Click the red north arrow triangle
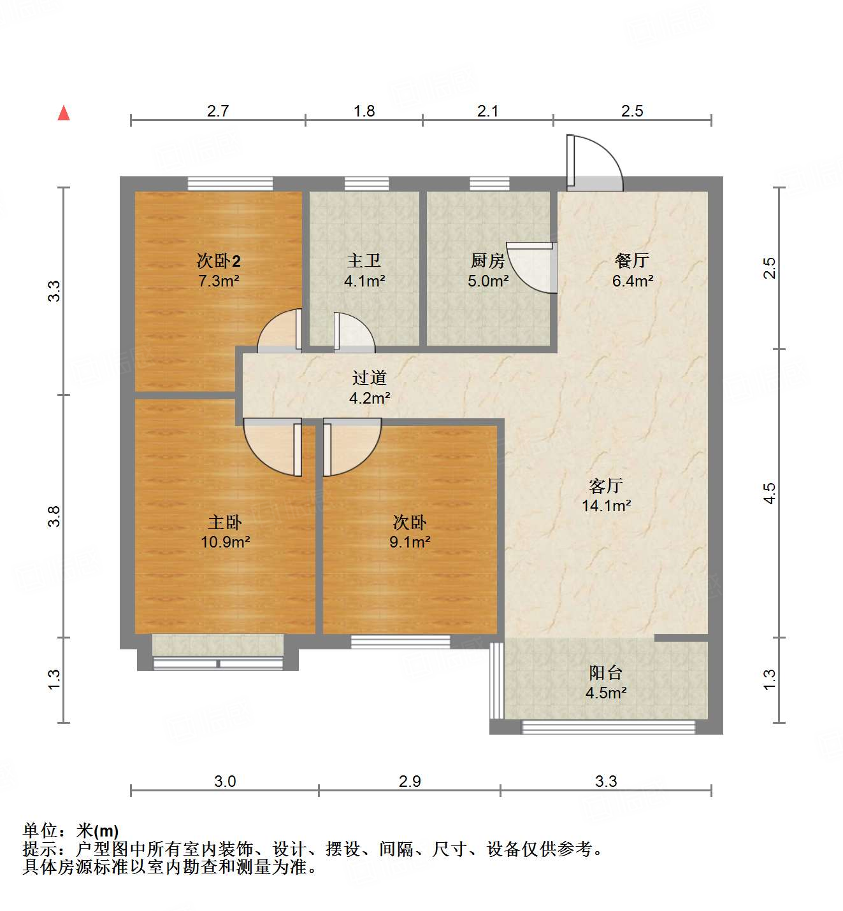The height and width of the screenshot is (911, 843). (x=64, y=113)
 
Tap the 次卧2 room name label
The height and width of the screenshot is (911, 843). (x=219, y=261)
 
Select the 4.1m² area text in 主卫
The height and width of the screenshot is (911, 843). (x=364, y=281)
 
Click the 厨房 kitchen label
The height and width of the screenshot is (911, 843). (x=487, y=261)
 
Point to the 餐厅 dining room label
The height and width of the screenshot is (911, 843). (x=632, y=260)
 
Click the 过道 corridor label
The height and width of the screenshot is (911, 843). (x=370, y=378)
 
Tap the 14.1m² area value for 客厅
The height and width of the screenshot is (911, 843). (x=606, y=506)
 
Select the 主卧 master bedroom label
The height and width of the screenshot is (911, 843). (x=225, y=523)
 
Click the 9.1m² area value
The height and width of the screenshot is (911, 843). (x=410, y=542)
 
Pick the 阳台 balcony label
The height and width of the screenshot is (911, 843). (x=605, y=673)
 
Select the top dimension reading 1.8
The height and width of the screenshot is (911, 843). (x=364, y=111)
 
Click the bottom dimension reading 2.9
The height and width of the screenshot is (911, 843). (x=410, y=782)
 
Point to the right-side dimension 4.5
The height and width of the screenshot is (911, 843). (x=770, y=493)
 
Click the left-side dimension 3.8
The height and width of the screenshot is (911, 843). (x=55, y=516)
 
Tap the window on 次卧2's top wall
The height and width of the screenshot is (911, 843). (x=230, y=183)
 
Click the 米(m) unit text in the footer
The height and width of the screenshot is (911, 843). (x=97, y=831)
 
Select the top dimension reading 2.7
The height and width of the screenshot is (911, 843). (x=218, y=111)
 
